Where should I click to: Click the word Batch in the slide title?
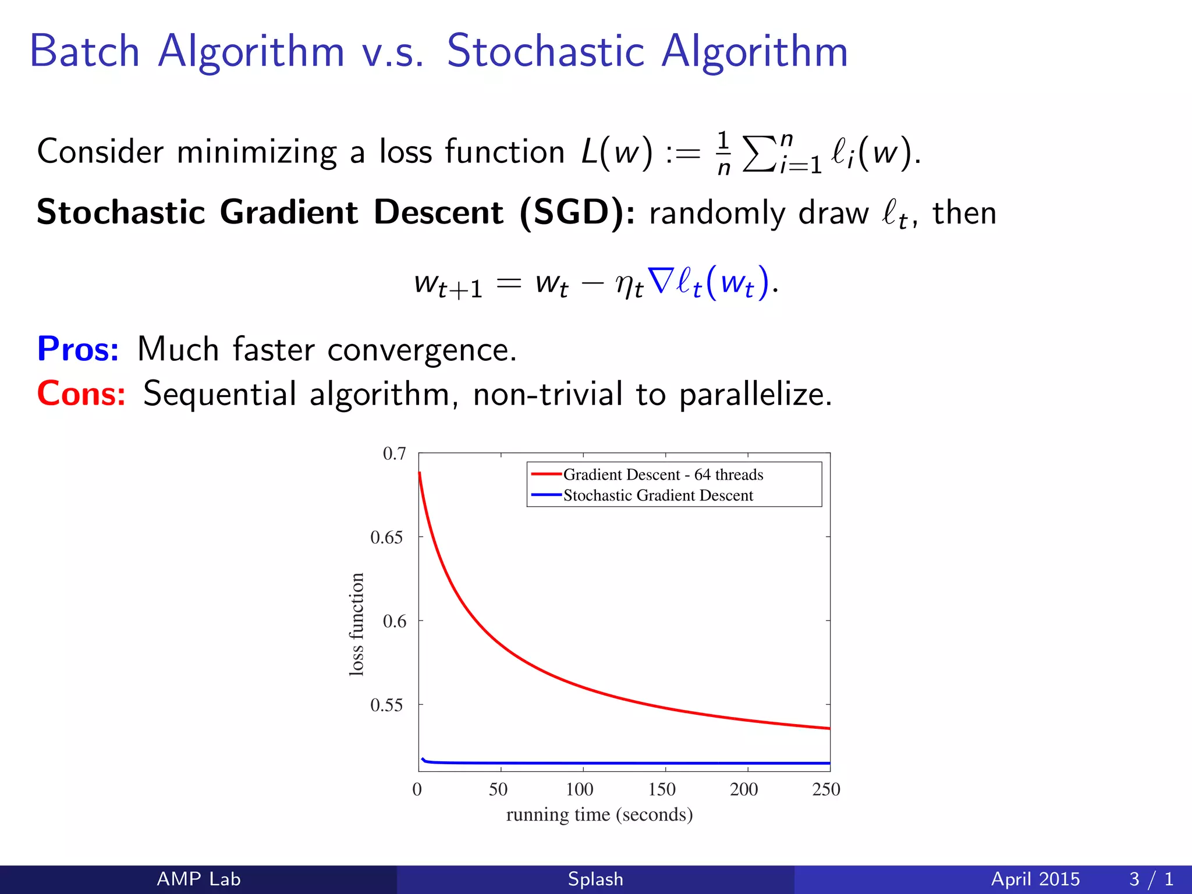tap(84, 51)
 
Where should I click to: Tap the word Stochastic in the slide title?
tap(545, 51)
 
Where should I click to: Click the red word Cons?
tap(81, 393)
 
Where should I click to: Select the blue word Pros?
tap(78, 349)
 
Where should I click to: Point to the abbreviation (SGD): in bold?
tap(577, 212)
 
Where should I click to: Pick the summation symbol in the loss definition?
tap(760, 154)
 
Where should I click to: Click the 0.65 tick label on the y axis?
tap(386, 537)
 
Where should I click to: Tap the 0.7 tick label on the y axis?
tap(394, 453)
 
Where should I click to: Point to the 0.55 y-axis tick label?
tap(386, 705)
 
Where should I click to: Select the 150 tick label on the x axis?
tap(662, 789)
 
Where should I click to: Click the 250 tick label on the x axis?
tap(826, 789)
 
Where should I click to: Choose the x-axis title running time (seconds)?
tap(599, 814)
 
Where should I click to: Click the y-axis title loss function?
tap(356, 624)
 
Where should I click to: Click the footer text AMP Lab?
tap(198, 879)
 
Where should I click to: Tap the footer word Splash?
tap(595, 879)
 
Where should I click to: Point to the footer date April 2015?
tap(1035, 879)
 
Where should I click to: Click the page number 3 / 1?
tap(1151, 879)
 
